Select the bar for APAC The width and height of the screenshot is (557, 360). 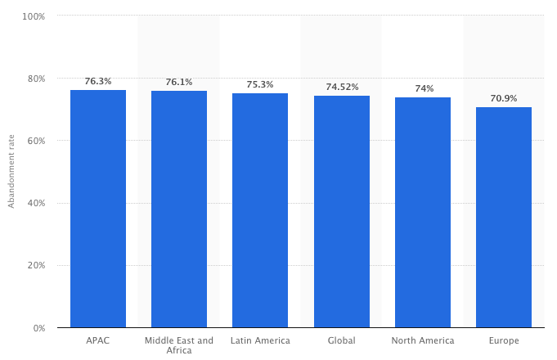tap(98, 209)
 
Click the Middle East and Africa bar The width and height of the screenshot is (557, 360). tap(179, 209)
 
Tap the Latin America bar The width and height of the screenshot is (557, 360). tap(260, 210)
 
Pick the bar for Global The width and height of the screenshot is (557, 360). tap(342, 212)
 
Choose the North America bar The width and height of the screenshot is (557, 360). tap(423, 213)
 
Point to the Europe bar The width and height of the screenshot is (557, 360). tap(504, 218)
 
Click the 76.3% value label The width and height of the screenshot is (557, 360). tap(98, 81)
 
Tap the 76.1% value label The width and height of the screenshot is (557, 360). tap(179, 82)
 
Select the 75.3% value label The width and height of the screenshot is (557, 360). tap(260, 84)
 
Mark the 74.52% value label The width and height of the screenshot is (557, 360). tap(342, 87)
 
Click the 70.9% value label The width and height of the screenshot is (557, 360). tap(504, 98)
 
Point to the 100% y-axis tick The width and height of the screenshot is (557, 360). tap(34, 16)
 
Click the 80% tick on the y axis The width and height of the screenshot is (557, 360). tap(36, 79)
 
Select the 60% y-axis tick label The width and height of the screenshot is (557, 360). tap(36, 141)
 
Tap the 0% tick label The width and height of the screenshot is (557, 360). tap(38, 328)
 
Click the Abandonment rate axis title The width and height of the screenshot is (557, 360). tap(11, 172)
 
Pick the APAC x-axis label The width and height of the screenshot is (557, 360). tap(98, 340)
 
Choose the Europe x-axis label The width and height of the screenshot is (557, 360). tap(504, 340)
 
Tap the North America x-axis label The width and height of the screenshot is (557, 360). tap(423, 340)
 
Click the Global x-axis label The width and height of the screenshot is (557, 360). tap(342, 340)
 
